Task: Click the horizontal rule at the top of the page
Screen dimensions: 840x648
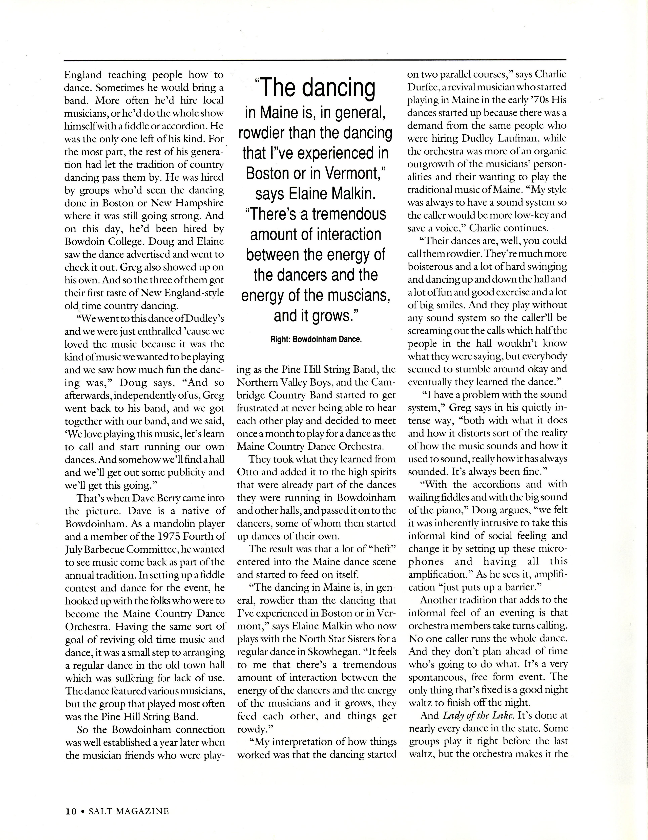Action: (315, 60)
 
